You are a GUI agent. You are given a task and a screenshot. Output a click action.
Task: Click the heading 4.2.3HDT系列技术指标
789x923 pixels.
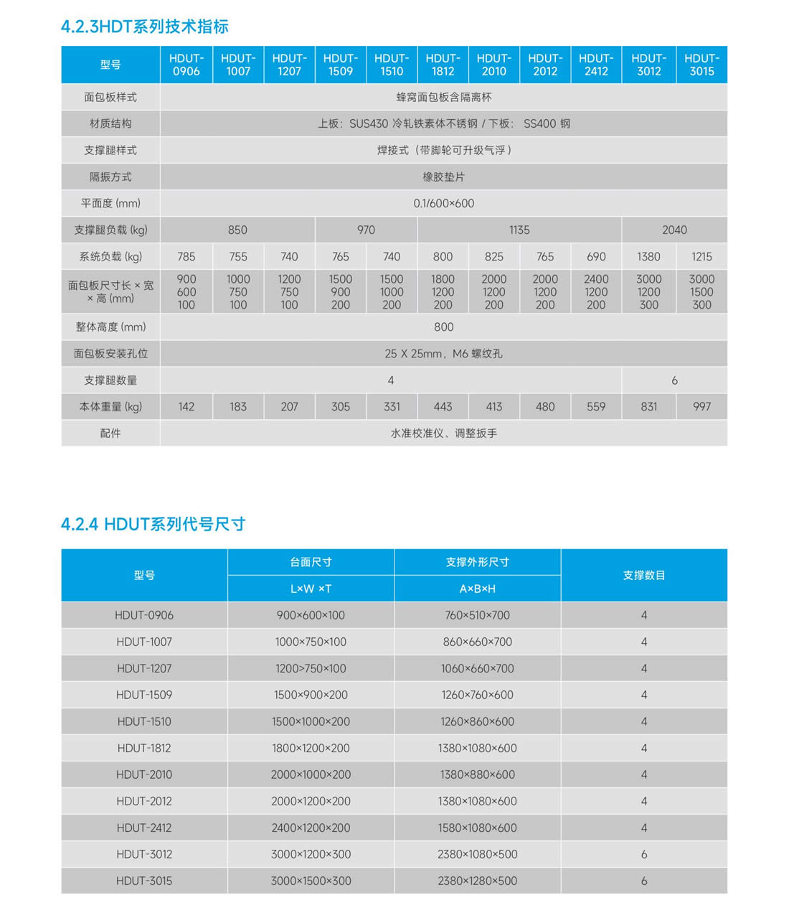(x=145, y=27)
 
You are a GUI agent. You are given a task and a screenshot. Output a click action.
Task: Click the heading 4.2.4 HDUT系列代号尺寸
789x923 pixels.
(x=153, y=524)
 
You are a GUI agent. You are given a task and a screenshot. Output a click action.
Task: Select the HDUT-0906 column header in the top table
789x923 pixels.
(x=186, y=65)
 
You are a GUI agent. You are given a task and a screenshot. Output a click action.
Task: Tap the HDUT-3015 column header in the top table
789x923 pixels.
(x=701, y=65)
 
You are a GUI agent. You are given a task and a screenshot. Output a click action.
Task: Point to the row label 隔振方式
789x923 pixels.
(x=110, y=177)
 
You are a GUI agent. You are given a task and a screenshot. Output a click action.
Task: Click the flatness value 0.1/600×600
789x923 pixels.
(x=443, y=203)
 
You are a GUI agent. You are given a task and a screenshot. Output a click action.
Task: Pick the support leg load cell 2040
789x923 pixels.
(x=674, y=230)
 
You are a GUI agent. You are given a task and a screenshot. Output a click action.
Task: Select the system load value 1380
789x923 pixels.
(x=648, y=256)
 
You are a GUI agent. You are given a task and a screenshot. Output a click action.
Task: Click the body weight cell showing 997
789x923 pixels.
(x=701, y=406)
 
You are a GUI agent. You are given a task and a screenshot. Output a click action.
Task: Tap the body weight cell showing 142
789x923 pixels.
(x=186, y=406)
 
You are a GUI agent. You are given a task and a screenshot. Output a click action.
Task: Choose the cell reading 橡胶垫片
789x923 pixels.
(x=443, y=177)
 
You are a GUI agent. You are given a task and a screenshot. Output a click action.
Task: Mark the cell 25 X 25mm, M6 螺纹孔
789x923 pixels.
(x=443, y=353)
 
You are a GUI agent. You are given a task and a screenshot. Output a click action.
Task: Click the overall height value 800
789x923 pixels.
(x=443, y=327)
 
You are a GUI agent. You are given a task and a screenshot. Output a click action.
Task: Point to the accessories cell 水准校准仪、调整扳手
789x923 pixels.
(x=443, y=433)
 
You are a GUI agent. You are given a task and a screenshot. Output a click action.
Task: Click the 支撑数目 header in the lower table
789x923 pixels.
(x=643, y=575)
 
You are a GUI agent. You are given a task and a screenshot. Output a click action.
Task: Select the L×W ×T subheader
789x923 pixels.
(x=311, y=589)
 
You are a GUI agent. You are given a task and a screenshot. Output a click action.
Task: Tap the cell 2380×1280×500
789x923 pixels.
(x=477, y=881)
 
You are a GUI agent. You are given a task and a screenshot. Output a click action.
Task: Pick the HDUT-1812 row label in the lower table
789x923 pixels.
(x=144, y=748)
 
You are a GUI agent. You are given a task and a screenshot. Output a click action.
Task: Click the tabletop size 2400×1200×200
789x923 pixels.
(x=311, y=828)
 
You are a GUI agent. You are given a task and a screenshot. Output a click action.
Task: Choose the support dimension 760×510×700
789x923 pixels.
(x=477, y=615)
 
